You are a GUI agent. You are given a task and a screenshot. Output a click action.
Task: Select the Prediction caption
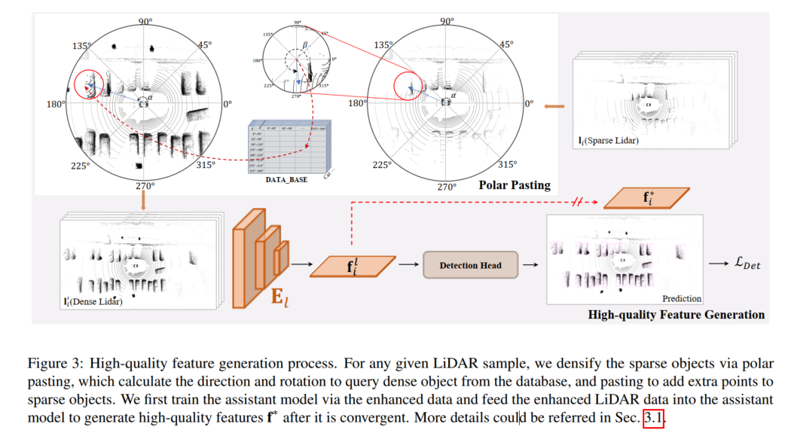(x=682, y=298)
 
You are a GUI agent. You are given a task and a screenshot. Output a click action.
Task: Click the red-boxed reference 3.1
(x=654, y=416)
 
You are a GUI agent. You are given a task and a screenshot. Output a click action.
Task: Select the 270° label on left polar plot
(x=144, y=186)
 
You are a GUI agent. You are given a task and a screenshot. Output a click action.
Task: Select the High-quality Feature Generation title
(x=676, y=315)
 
